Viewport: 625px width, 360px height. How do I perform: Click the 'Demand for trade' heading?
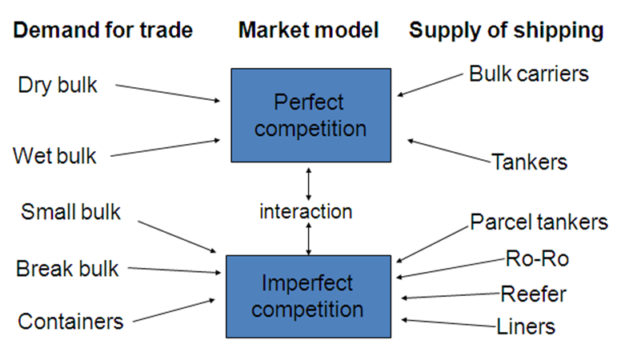click(x=103, y=31)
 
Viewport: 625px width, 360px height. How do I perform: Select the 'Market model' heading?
click(x=308, y=31)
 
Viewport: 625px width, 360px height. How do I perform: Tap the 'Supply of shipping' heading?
click(x=506, y=31)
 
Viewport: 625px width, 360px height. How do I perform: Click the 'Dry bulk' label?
click(x=57, y=85)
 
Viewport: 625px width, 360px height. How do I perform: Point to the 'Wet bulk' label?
click(x=54, y=155)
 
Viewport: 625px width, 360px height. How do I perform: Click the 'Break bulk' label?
click(x=67, y=268)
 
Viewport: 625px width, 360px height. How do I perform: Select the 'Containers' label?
click(x=70, y=322)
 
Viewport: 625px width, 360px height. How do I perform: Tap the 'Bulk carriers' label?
click(x=529, y=74)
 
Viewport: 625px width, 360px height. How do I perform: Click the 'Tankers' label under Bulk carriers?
click(x=529, y=162)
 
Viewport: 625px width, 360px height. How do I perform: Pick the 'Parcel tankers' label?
click(x=539, y=222)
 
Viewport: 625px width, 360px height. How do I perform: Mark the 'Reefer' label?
click(x=533, y=294)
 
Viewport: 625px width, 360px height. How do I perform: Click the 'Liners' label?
click(x=526, y=326)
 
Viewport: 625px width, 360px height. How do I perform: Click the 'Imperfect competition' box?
click(x=308, y=295)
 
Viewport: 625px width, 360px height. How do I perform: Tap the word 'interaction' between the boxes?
click(x=306, y=212)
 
